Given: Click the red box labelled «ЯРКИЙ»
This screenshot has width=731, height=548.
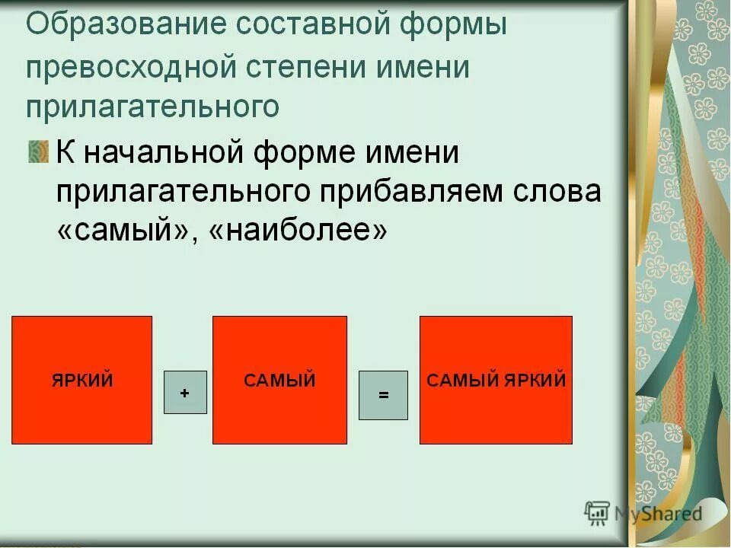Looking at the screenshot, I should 81,380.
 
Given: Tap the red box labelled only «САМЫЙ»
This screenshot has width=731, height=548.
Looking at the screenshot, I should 279,380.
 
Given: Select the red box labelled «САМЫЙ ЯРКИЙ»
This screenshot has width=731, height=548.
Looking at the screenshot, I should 496,380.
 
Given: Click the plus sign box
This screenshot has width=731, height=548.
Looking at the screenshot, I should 185,393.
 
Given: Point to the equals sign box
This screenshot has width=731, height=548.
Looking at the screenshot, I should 383,395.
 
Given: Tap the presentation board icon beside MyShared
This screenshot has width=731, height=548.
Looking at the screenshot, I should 598,513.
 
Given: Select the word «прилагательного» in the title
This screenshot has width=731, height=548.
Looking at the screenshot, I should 152,107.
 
